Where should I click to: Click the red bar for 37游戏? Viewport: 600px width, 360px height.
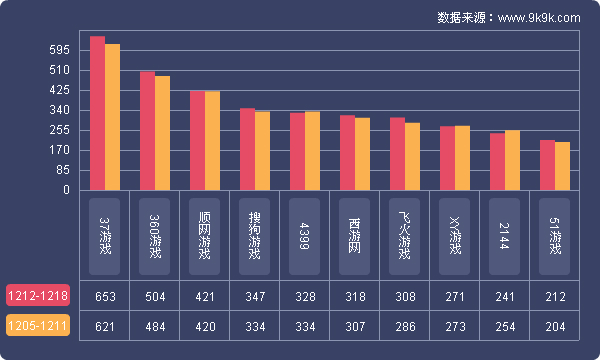pos(97,113)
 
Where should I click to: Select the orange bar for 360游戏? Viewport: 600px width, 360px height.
pos(162,133)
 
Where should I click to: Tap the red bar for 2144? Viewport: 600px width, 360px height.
pos(497,161)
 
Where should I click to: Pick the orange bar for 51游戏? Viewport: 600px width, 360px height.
pos(562,166)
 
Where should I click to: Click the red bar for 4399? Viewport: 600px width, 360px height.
pos(297,151)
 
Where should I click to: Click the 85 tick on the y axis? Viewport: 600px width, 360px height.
pos(62,170)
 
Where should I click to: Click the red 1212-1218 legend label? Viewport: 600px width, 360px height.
pos(38,297)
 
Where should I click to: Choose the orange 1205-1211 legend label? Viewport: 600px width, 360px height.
pos(38,326)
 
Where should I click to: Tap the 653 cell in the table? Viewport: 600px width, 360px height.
pos(105,297)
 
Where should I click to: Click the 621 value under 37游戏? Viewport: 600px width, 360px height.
pos(105,326)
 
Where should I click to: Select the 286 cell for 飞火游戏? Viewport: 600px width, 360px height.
pos(405,326)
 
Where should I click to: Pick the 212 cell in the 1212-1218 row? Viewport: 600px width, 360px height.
pos(555,297)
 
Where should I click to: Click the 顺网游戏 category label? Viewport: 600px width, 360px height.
pos(205,237)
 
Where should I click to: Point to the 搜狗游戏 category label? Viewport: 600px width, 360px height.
pos(255,237)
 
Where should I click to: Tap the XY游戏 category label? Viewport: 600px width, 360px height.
pos(455,237)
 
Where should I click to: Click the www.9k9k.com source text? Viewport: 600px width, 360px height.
pos(538,17)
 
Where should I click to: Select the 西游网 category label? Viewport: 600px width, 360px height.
pos(355,237)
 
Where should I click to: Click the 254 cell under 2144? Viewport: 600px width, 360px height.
pos(505,326)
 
